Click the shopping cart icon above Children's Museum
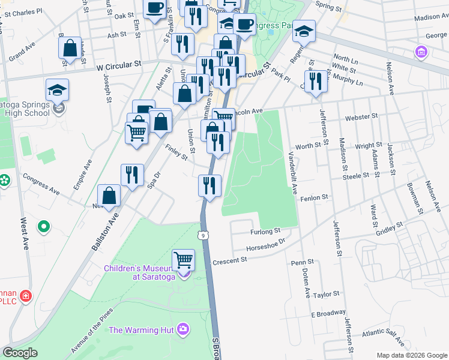pos(184,260)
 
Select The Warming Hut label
pos(140,329)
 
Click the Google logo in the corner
pos(20,353)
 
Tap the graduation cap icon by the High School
pos(57,90)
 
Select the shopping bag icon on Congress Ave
pos(109,196)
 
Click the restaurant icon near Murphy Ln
pos(316,80)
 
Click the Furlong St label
pos(265,231)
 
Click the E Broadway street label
pos(328,313)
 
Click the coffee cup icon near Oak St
pos(154,8)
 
